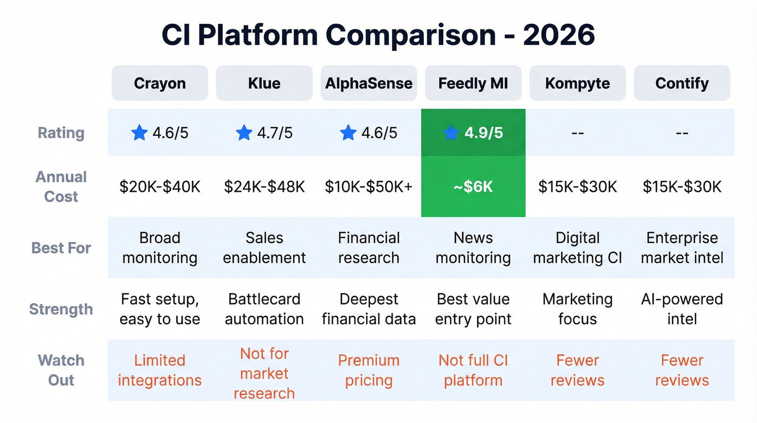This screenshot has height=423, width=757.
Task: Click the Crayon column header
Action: click(x=160, y=83)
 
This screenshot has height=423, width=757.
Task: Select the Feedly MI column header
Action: click(x=473, y=83)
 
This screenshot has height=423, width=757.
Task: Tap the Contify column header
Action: click(x=682, y=83)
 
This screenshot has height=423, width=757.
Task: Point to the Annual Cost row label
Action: click(x=61, y=187)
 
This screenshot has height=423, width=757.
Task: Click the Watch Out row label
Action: click(x=61, y=370)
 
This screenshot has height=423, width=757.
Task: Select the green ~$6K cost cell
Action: click(x=473, y=187)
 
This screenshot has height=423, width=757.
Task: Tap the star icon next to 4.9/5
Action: click(x=451, y=133)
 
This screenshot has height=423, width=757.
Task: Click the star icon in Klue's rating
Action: click(x=244, y=133)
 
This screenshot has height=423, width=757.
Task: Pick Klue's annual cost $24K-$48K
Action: click(x=264, y=187)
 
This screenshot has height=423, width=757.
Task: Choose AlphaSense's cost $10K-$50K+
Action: click(x=369, y=187)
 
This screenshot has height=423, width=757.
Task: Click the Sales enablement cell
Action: click(x=264, y=248)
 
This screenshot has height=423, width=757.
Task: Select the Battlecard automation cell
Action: click(x=264, y=309)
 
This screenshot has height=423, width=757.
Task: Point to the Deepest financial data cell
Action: click(x=369, y=309)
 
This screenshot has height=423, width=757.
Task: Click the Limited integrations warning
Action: click(x=160, y=370)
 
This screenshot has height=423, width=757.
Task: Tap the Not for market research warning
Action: click(x=264, y=373)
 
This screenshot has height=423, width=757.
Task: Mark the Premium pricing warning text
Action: click(x=369, y=370)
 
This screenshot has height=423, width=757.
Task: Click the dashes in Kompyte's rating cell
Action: click(x=577, y=133)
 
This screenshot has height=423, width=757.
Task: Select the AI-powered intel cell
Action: click(x=682, y=309)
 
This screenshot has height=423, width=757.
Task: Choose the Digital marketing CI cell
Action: click(x=577, y=248)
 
